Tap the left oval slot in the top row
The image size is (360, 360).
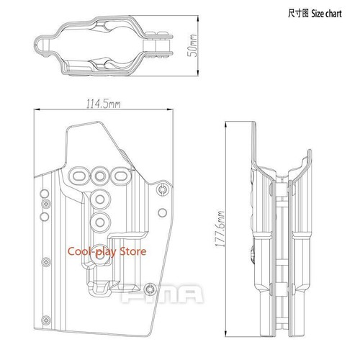click(78, 174)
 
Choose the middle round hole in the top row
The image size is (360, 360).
click(99, 174)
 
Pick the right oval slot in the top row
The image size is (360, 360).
click(120, 174)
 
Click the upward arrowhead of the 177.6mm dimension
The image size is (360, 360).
click(228, 123)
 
